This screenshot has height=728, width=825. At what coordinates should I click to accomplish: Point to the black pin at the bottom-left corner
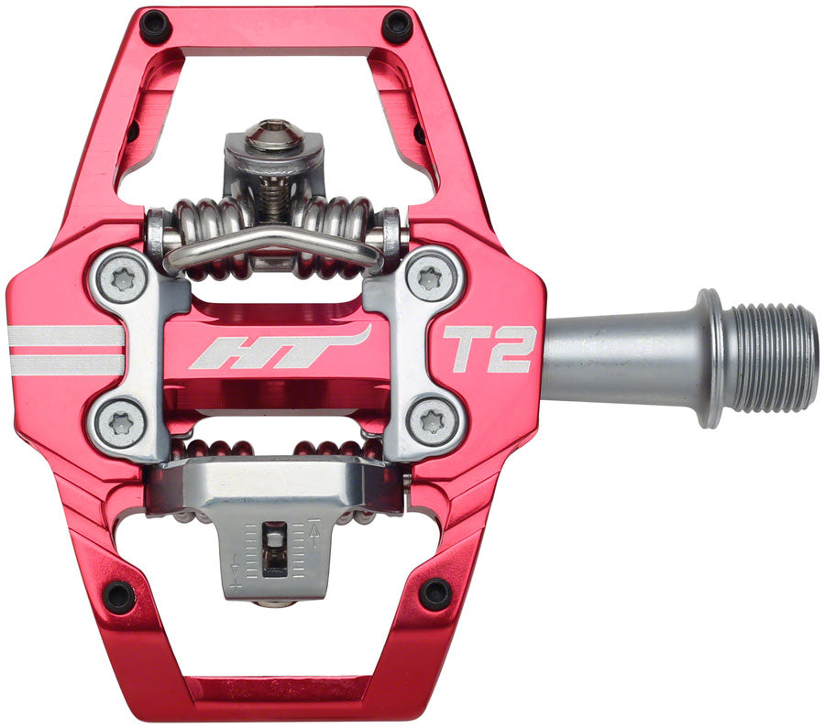pos(119,596)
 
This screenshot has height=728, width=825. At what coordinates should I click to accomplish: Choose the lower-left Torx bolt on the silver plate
pos(122,422)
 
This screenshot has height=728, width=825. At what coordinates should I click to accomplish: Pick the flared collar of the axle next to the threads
pos(709,358)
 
